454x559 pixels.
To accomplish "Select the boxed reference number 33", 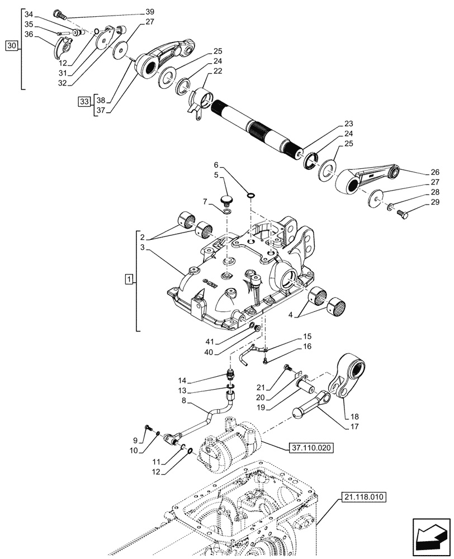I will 84,102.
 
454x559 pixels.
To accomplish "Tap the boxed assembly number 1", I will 129,279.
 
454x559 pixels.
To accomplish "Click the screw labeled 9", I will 146,428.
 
